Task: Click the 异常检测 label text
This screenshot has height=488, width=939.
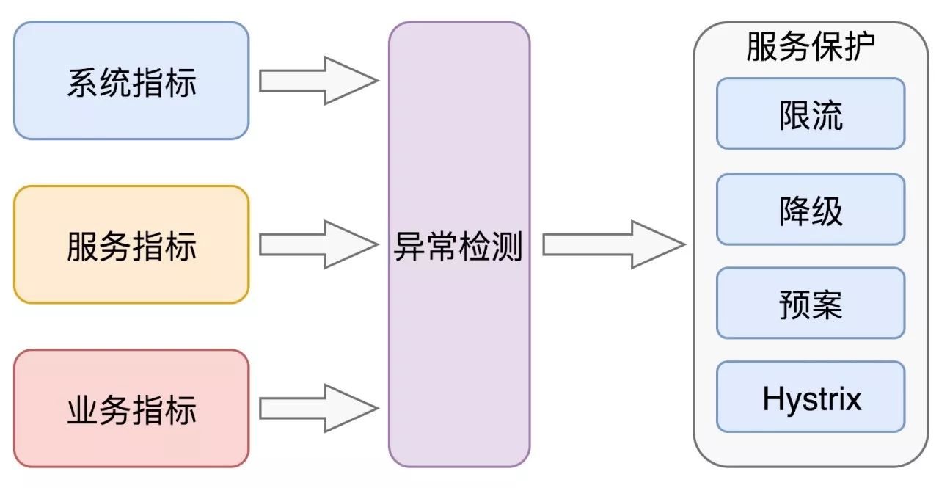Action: [x=458, y=248]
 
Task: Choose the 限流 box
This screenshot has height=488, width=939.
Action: [x=811, y=114]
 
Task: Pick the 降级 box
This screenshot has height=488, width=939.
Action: [x=811, y=209]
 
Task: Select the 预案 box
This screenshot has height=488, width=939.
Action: [x=811, y=303]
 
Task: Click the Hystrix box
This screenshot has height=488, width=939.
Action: [x=811, y=396]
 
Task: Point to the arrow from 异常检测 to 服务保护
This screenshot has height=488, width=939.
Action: [x=613, y=244]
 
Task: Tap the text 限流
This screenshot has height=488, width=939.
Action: [x=811, y=116]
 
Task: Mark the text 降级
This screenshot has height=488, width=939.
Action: [x=811, y=211]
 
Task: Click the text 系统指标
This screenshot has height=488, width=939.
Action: [x=132, y=83]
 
